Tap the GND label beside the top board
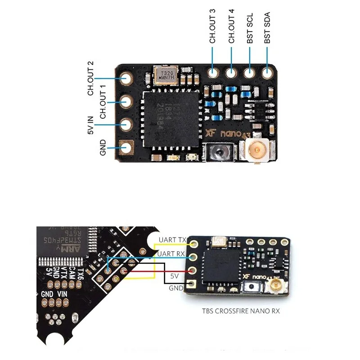click(103, 148)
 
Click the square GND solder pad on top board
click(126, 148)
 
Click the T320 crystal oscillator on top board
click(164, 75)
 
